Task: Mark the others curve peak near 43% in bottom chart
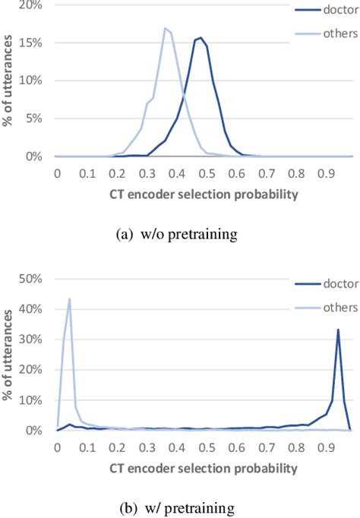coord(69,298)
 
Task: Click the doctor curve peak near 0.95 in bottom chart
coord(338,308)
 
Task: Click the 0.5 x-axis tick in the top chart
coord(207,172)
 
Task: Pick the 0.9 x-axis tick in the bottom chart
coord(327,447)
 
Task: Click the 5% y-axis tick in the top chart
coord(40,118)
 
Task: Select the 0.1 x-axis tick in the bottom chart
coord(87,447)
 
